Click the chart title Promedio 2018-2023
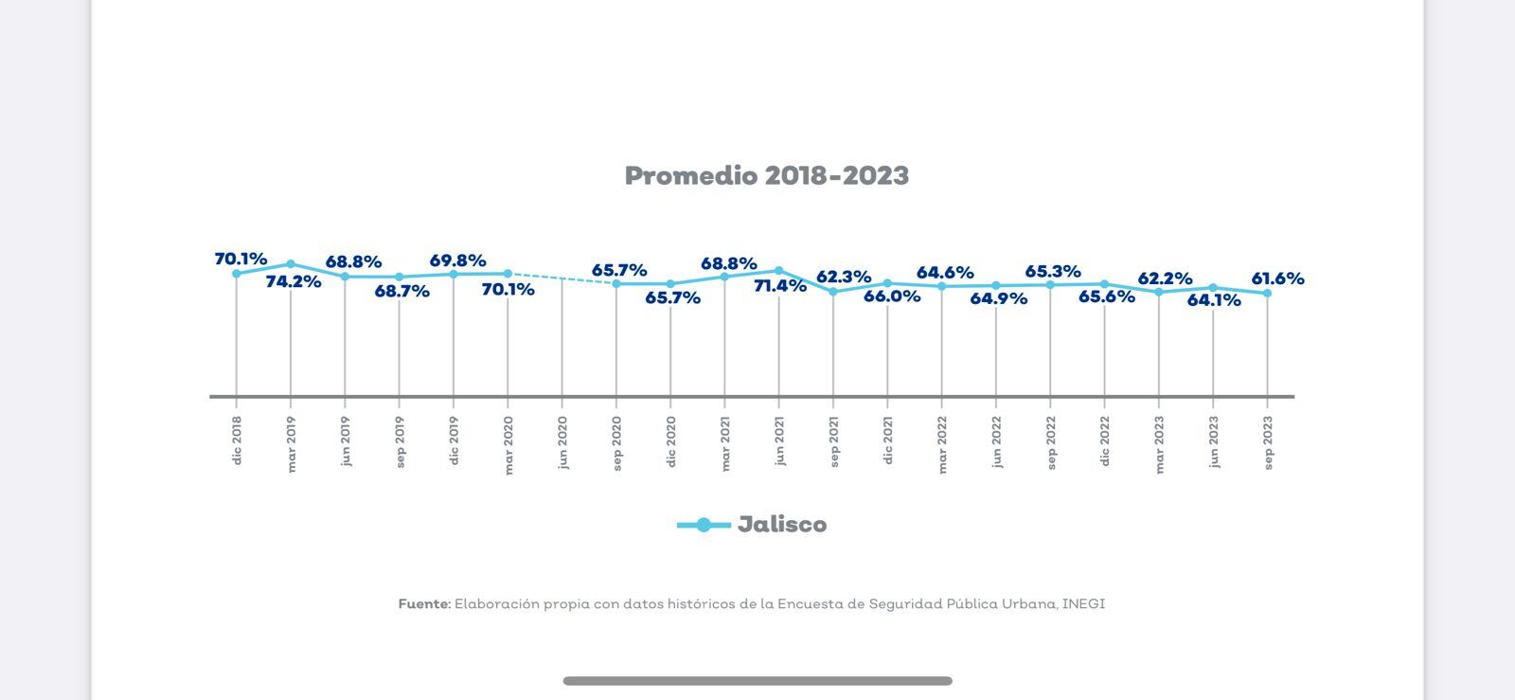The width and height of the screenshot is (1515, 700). pyautogui.click(x=766, y=176)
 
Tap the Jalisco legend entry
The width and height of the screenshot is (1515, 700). pyautogui.click(x=781, y=525)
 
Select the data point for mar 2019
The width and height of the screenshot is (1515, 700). pyautogui.click(x=291, y=264)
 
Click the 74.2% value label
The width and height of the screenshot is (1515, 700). pyautogui.click(x=294, y=282)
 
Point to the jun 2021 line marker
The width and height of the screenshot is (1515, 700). pyautogui.click(x=779, y=271)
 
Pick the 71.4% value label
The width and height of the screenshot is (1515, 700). pyautogui.click(x=780, y=286)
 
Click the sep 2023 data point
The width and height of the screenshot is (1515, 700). pyautogui.click(x=1267, y=294)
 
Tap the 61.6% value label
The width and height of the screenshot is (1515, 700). pyautogui.click(x=1277, y=278)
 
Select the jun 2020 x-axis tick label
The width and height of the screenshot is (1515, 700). pyautogui.click(x=562, y=442)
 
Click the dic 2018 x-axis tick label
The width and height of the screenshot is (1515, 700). pyautogui.click(x=237, y=440)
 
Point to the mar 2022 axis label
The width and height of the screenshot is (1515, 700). pyautogui.click(x=942, y=444)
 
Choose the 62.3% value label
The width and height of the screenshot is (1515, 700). pyautogui.click(x=844, y=277)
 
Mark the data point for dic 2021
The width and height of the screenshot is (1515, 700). pyautogui.click(x=887, y=283)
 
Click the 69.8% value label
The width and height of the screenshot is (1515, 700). pyautogui.click(x=457, y=260)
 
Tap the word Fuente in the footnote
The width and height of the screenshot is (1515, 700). pyautogui.click(x=424, y=604)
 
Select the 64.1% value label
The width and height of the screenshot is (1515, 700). pyautogui.click(x=1214, y=301)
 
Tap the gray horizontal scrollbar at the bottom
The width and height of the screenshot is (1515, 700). pyautogui.click(x=757, y=681)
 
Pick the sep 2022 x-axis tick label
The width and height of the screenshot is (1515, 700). pyautogui.click(x=1051, y=442)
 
